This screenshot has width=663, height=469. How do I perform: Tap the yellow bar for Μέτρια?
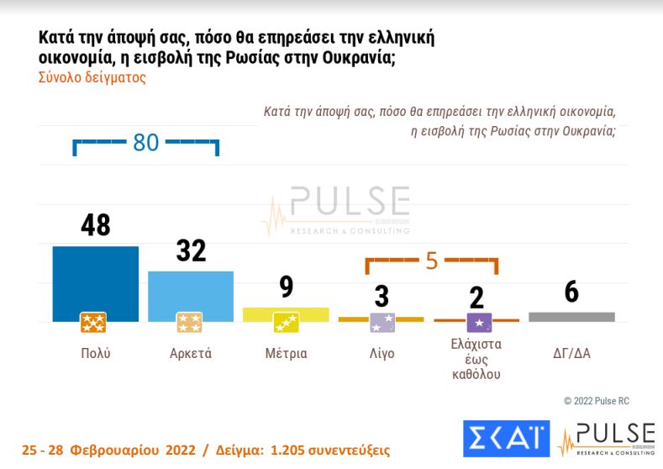tap(286, 314)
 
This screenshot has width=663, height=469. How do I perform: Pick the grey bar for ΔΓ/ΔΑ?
tap(571, 317)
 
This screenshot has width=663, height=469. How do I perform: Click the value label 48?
tap(95, 225)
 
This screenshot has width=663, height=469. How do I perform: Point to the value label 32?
tap(191, 251)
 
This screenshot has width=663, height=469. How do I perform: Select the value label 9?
tap(286, 288)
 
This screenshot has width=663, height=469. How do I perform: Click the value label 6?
tap(571, 293)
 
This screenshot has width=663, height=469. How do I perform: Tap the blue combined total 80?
tap(145, 143)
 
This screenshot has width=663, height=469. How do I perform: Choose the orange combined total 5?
tap(431, 261)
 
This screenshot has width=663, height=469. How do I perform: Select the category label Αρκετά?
tap(190, 353)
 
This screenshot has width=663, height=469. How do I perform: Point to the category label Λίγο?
tap(381, 353)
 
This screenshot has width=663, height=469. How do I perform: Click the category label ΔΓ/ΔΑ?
tap(571, 353)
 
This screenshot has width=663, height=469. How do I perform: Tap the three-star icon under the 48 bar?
tap(93, 323)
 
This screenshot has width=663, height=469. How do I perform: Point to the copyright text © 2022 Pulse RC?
tap(596, 401)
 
